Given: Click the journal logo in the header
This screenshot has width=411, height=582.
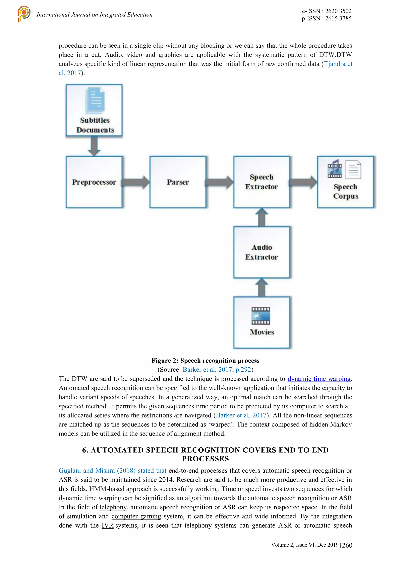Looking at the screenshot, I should [x=24, y=14].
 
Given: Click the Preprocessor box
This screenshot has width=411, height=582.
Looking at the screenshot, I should [x=94, y=182].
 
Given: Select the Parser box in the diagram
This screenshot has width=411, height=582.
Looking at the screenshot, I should [x=178, y=182].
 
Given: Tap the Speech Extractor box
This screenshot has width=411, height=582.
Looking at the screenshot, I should [x=262, y=182].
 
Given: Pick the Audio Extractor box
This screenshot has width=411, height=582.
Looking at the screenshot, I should [x=262, y=252].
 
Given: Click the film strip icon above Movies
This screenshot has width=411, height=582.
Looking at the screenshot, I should [x=260, y=316].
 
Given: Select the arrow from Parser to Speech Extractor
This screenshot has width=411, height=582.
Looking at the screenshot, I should [x=220, y=182].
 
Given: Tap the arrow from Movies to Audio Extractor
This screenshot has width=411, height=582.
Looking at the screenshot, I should [x=262, y=288].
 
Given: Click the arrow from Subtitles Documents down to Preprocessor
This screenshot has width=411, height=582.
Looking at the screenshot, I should [x=94, y=146].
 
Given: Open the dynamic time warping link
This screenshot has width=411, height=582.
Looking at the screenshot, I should [x=319, y=379].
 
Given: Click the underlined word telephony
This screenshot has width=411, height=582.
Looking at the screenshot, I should [x=113, y=507].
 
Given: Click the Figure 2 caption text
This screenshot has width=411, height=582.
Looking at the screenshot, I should [x=205, y=360].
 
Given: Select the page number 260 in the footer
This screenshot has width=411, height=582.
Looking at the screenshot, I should [x=347, y=545].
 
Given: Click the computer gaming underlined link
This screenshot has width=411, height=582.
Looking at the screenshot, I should [x=136, y=516].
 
